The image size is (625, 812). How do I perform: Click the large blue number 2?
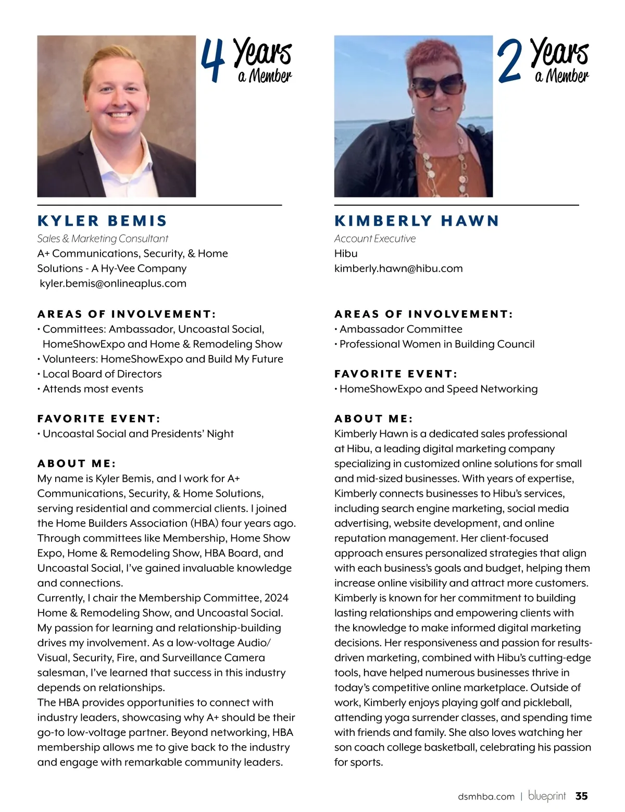[509, 62]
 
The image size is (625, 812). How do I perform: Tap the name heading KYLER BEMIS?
[102, 221]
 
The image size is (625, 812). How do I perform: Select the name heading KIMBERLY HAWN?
[417, 221]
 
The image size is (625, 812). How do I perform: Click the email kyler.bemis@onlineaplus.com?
[113, 284]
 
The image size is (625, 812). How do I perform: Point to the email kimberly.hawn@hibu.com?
[398, 268]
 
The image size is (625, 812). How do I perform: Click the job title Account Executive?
[375, 239]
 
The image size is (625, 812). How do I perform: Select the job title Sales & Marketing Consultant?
[103, 239]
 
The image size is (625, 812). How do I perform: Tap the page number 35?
[581, 796]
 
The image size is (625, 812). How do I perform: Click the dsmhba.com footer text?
[486, 796]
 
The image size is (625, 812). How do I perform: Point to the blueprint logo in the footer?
[547, 796]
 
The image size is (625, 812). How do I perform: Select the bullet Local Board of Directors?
[102, 374]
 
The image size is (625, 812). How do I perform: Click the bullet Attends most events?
[93, 389]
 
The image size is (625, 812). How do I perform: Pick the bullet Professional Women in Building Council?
[437, 344]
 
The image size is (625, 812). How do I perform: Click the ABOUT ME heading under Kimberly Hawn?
[373, 419]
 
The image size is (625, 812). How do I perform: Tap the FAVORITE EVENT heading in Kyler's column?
[99, 419]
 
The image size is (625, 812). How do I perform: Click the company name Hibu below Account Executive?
[346, 254]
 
